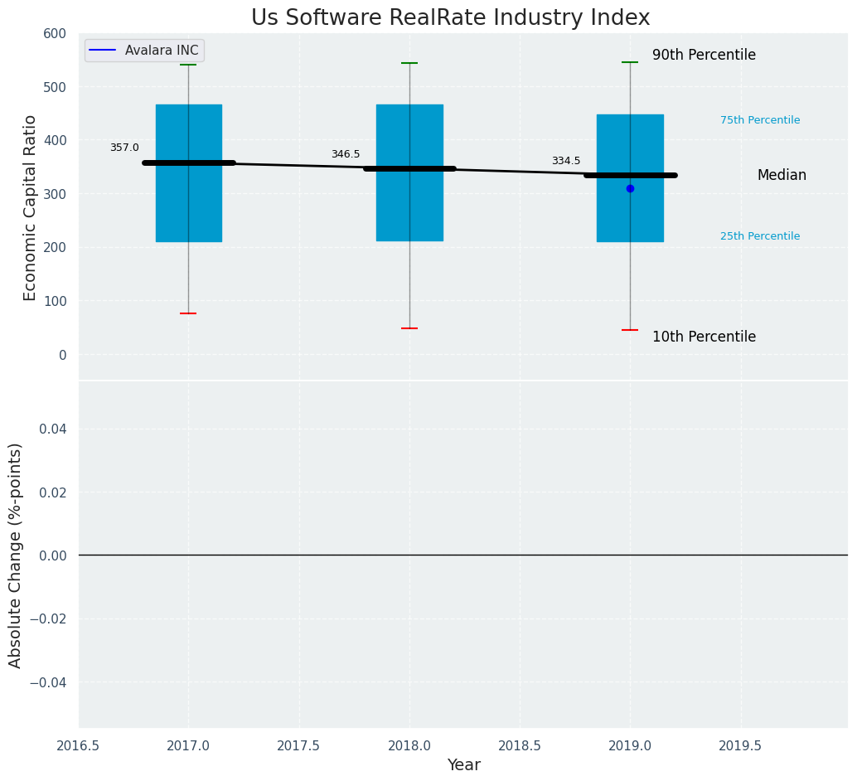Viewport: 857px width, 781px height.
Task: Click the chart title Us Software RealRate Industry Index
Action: (450, 18)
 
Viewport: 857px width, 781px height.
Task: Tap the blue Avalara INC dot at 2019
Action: (630, 189)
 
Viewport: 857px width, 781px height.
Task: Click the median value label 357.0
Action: (124, 148)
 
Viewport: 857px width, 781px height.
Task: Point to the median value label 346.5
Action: (346, 154)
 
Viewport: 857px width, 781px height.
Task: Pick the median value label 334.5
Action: (566, 161)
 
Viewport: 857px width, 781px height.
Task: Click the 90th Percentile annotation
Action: (704, 56)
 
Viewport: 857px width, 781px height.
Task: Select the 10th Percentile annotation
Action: (704, 337)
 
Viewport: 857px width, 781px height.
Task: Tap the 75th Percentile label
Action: (760, 120)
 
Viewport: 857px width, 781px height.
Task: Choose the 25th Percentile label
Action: (760, 236)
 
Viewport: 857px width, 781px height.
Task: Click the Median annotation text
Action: (782, 176)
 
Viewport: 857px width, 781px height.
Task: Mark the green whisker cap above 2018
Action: (409, 63)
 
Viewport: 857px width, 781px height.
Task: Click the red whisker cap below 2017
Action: (188, 313)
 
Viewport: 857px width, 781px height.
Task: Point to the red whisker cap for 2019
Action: (630, 330)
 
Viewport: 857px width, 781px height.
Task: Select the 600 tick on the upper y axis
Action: (55, 34)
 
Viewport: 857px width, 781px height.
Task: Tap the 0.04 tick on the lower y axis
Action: (51, 429)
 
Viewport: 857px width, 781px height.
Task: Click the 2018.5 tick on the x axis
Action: (520, 746)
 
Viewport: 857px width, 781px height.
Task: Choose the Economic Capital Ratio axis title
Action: (31, 207)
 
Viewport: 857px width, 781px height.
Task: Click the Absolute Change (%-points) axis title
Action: (16, 555)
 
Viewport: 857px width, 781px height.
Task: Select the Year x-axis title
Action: (463, 765)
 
